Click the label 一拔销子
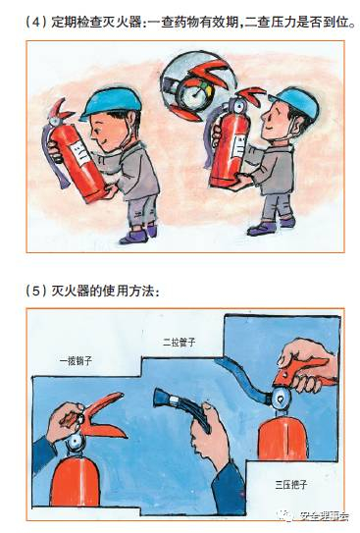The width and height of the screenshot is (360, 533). pyautogui.click(x=76, y=360)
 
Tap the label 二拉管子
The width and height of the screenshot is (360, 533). pyautogui.click(x=179, y=342)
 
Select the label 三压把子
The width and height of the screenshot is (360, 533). pyautogui.click(x=291, y=484)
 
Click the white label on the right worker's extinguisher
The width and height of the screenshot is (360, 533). pyautogui.click(x=238, y=147)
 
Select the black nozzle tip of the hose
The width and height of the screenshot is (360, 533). pyautogui.click(x=161, y=398)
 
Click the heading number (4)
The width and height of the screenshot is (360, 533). pyautogui.click(x=36, y=23)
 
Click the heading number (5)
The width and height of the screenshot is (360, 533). pyautogui.click(x=36, y=291)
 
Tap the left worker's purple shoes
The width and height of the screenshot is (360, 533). pyautogui.click(x=138, y=234)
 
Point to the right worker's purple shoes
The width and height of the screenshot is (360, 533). pyautogui.click(x=271, y=227)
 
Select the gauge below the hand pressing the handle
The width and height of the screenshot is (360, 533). pyautogui.click(x=281, y=397)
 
